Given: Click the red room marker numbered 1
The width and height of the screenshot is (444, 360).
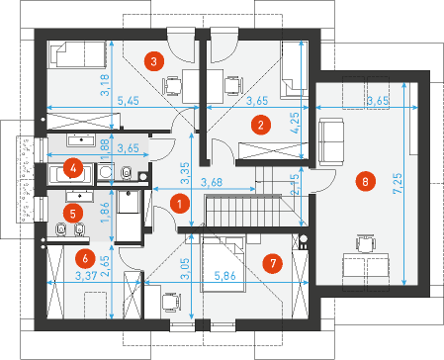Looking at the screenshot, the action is (180, 204).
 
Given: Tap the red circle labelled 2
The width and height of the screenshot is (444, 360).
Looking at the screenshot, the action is (261, 125).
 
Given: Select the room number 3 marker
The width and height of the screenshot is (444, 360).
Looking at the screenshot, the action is (154, 61).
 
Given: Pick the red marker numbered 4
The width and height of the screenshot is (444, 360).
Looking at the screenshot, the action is (73, 169).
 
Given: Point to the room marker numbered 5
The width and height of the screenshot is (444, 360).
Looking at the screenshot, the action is (73, 214).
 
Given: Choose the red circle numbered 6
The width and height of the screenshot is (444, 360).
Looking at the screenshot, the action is (85, 258).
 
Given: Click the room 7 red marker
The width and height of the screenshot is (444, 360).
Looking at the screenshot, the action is (273, 263).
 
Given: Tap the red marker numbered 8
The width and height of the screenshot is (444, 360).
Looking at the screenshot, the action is (365, 181).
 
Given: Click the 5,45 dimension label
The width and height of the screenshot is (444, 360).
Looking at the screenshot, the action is (129, 101).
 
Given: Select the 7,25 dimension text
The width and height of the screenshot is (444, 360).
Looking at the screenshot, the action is (399, 183).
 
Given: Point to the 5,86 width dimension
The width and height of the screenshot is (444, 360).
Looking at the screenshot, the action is (225, 276).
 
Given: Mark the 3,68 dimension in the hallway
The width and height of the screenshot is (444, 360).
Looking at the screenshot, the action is (212, 182).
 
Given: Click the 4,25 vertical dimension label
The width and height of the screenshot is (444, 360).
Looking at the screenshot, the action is (295, 123).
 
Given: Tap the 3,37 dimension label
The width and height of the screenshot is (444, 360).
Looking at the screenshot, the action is (86, 276).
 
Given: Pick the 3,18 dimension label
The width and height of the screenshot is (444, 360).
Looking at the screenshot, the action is (105, 85).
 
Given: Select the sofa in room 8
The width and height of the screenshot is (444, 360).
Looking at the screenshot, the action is (331, 141).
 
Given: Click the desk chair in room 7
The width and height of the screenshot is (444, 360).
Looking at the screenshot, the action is (172, 303).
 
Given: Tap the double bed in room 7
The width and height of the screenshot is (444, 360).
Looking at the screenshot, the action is (223, 263).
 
